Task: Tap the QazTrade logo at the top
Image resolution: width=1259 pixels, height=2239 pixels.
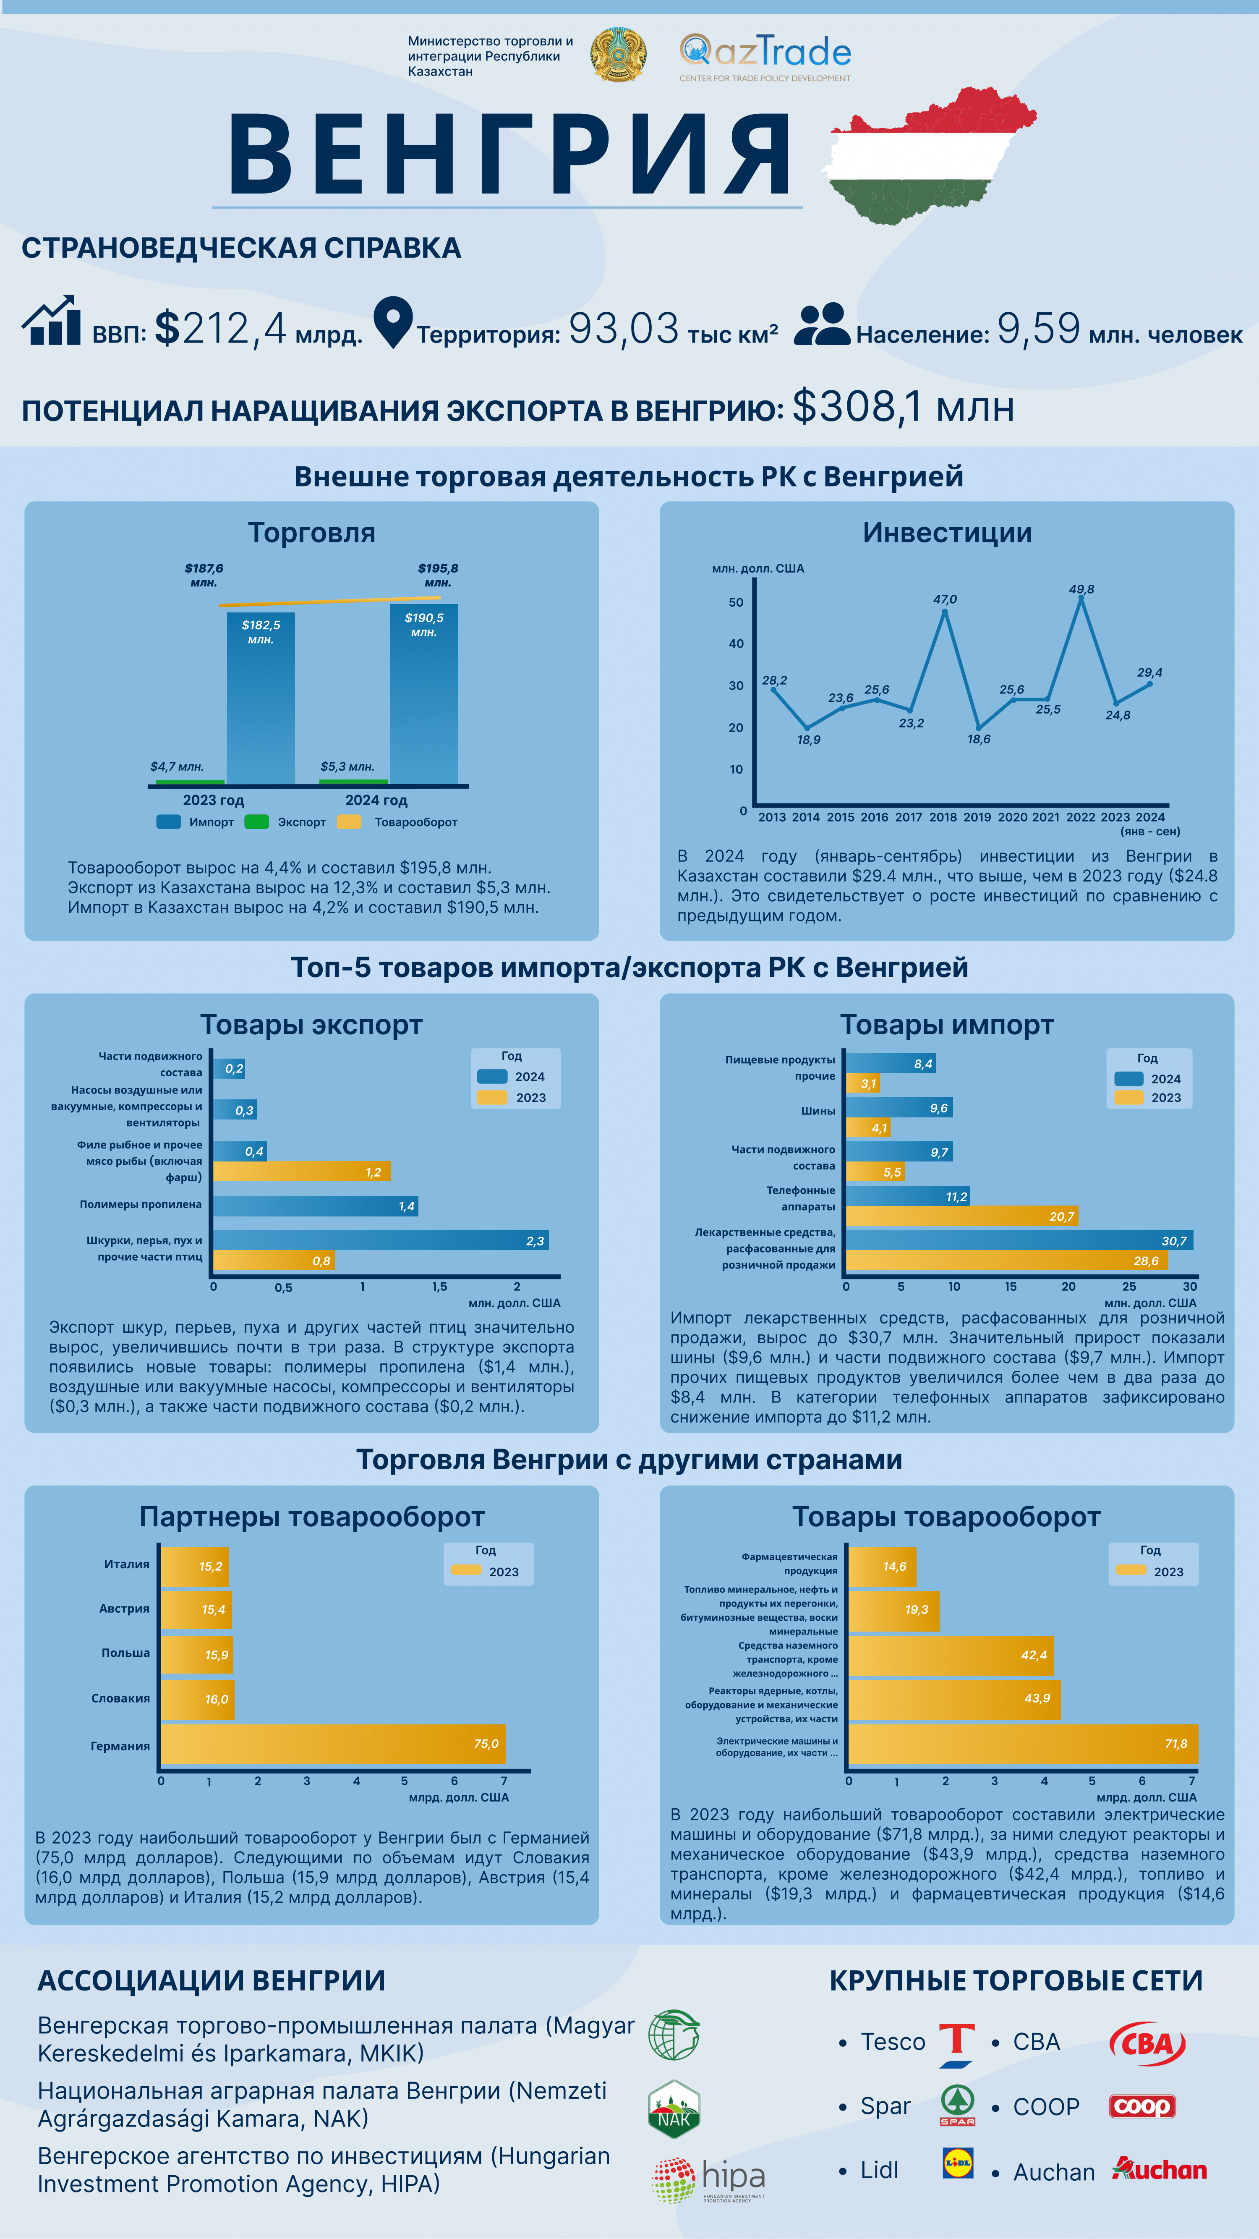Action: (765, 57)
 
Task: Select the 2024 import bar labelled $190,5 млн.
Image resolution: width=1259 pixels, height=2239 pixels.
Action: (424, 696)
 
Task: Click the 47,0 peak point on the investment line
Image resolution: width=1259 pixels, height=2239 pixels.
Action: (945, 612)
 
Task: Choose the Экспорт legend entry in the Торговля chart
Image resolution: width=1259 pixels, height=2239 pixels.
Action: (287, 822)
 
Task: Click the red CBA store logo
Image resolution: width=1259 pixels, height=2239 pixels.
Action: (1147, 2043)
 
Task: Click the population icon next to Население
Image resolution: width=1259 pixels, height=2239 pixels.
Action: (821, 325)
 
